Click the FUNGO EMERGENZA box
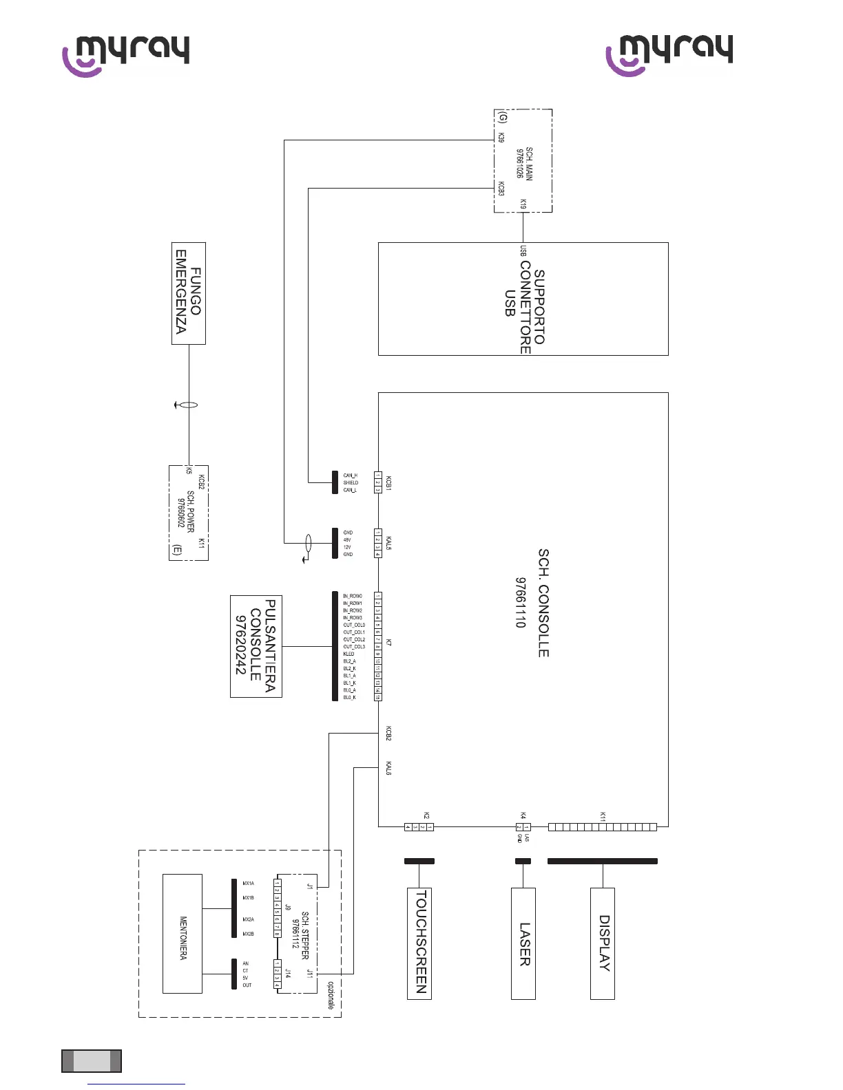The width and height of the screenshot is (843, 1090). (x=188, y=293)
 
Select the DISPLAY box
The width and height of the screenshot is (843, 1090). (x=603, y=943)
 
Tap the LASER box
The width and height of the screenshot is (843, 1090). (x=523, y=943)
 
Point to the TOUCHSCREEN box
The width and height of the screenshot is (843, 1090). (x=419, y=943)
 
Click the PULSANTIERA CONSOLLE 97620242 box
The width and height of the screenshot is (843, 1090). (x=256, y=646)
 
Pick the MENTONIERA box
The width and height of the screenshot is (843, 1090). (x=183, y=933)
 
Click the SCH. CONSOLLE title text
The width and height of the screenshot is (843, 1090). (x=543, y=603)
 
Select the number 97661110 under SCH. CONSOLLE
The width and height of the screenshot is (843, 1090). (x=521, y=603)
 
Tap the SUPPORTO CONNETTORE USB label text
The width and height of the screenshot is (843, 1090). (x=525, y=303)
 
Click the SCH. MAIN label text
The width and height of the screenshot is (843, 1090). (x=529, y=163)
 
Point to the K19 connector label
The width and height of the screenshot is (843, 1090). (x=523, y=204)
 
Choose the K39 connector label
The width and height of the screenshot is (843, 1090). (x=501, y=138)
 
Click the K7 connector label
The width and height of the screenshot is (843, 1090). (x=389, y=642)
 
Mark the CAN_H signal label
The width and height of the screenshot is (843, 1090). (x=350, y=475)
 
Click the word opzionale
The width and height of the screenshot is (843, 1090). (x=331, y=995)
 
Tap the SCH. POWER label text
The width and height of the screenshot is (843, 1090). (x=191, y=511)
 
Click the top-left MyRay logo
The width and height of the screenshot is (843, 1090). (x=126, y=55)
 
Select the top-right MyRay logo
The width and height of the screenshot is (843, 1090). (x=669, y=54)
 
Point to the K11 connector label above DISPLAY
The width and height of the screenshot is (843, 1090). (x=603, y=816)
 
